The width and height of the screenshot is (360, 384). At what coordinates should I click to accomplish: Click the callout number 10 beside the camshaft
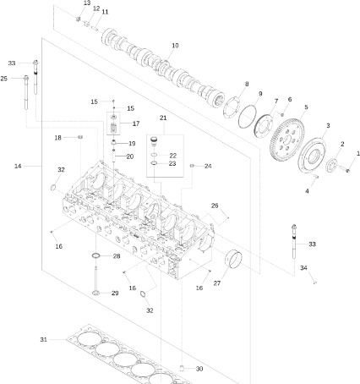coord(175,45)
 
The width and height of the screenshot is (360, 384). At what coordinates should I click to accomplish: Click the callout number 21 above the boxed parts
coord(163,118)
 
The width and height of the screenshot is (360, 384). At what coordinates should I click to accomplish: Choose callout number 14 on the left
coord(18,166)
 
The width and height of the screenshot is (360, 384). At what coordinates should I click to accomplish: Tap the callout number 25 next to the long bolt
coord(5,79)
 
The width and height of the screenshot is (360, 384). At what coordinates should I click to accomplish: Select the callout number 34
coord(304,268)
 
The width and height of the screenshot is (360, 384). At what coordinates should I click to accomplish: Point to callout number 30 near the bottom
coord(199,369)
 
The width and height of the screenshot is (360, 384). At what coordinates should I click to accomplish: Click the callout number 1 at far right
coord(357,152)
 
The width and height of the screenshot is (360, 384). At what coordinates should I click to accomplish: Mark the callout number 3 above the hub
coord(327,126)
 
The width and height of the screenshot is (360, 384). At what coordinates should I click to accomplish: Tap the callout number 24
coord(208,166)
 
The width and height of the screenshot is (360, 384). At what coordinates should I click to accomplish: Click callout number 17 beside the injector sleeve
coord(135,123)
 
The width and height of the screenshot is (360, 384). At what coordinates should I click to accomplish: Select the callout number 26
coord(215,206)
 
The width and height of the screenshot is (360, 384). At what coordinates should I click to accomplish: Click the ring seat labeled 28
coord(97,256)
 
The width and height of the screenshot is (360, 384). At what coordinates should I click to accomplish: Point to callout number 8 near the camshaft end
coord(247,84)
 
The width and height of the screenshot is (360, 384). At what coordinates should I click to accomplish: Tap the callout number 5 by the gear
coord(304,107)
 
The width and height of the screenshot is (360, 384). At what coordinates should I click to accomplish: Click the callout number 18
coord(58,137)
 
